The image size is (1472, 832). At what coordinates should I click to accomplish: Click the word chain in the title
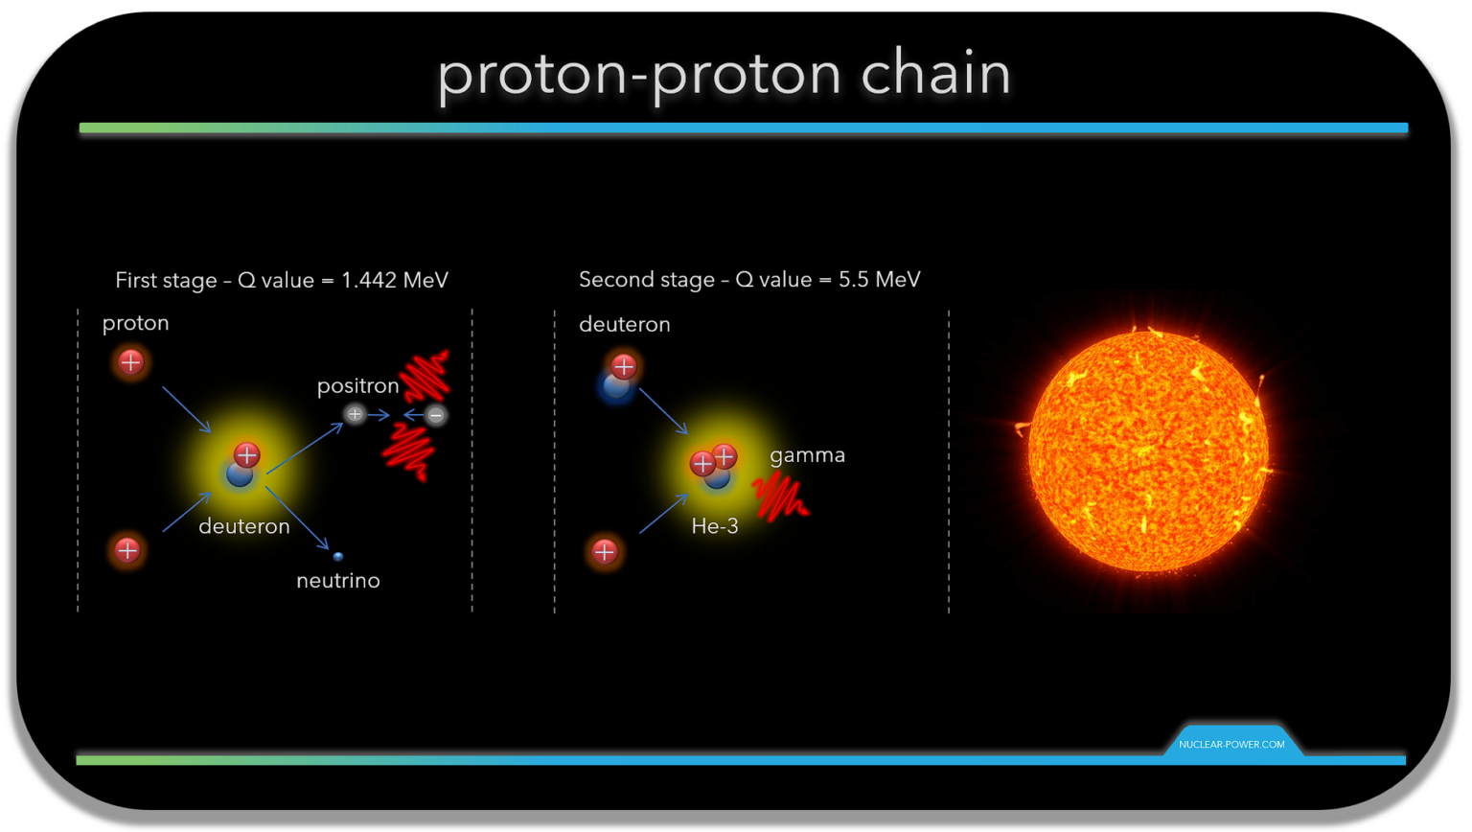[x=935, y=74]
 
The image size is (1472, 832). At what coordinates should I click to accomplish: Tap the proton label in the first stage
[x=135, y=323]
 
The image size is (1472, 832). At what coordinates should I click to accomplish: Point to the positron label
[x=357, y=385]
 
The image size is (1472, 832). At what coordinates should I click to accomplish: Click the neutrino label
[x=337, y=581]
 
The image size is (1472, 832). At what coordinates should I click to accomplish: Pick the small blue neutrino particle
[x=337, y=556]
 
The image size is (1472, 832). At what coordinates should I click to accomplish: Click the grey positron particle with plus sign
[x=355, y=414]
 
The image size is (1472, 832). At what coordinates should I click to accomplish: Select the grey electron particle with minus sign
[x=436, y=415]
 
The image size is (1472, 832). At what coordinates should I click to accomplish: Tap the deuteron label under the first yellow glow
[x=243, y=526]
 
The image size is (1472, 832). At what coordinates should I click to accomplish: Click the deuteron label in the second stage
[x=624, y=325]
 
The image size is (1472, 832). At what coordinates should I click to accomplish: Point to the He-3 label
[x=715, y=526]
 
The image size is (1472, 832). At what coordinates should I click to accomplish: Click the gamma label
[x=807, y=455]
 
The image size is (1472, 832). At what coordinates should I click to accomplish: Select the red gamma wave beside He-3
[x=779, y=496]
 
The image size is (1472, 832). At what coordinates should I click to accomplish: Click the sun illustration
[x=1147, y=451]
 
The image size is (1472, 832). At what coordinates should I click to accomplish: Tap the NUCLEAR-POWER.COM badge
[x=1231, y=744]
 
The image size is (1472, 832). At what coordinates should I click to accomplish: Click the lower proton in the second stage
[x=604, y=552]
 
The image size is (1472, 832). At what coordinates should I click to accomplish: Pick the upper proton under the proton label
[x=131, y=362]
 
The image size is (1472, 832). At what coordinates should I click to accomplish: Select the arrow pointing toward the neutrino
[x=298, y=519]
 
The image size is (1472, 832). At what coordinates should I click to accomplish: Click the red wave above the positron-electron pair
[x=425, y=375]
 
